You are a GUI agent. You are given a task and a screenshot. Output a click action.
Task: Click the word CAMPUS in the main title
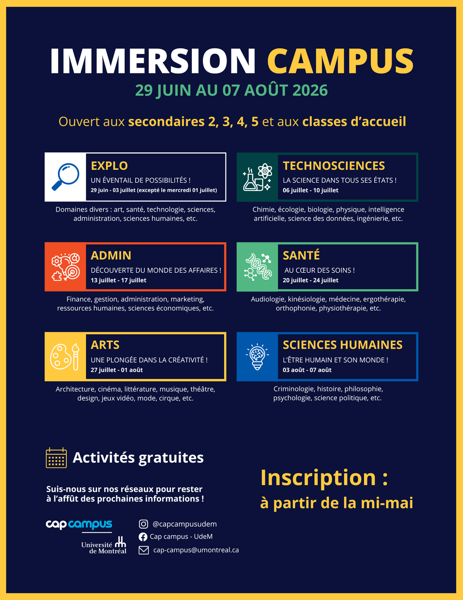[340, 61]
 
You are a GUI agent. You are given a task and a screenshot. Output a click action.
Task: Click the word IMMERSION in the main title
[153, 61]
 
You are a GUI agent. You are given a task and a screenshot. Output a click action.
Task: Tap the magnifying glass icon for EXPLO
[65, 177]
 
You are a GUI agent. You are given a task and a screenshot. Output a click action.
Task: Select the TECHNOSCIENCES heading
[334, 166]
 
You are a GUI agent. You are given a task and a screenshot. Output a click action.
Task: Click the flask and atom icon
[257, 177]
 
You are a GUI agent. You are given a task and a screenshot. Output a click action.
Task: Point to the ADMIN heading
[111, 255]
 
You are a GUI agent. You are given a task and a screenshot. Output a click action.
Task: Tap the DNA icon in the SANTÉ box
[257, 267]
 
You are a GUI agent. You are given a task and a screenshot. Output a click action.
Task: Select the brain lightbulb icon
[257, 356]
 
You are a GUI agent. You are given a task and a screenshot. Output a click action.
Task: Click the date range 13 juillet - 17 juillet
[118, 280]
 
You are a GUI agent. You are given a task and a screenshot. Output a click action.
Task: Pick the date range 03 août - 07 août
[307, 370]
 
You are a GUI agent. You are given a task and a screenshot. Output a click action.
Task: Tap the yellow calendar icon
[56, 458]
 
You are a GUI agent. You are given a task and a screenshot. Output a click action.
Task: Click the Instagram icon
[144, 524]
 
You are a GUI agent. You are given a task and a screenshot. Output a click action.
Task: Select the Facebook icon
[143, 537]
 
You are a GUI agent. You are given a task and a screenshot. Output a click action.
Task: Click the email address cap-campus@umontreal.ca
[196, 550]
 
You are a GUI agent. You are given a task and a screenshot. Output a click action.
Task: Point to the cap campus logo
[79, 524]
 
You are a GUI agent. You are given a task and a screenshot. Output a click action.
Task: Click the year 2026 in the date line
[310, 90]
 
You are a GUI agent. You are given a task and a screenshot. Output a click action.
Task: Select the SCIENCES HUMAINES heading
[343, 345]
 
